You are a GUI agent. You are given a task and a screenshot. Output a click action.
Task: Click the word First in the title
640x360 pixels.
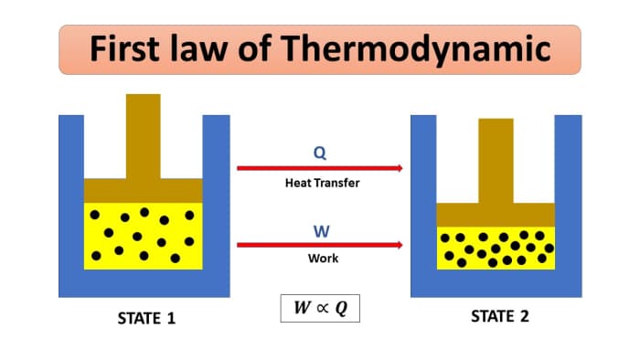127,48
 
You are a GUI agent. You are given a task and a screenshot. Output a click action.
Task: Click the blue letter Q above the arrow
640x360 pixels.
319,152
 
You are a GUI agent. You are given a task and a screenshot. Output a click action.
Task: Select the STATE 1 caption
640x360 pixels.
146,319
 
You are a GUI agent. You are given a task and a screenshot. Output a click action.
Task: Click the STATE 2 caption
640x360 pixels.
499,317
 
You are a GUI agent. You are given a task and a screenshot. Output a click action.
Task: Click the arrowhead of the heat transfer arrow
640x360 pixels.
398,168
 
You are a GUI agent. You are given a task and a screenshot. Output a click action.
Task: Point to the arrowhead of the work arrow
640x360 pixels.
398,245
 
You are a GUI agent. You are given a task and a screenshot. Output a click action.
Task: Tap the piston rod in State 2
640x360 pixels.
496,160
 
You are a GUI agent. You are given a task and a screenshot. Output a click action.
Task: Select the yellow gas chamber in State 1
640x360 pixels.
143,237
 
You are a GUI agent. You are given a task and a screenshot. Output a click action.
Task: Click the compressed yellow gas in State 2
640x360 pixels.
496,248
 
